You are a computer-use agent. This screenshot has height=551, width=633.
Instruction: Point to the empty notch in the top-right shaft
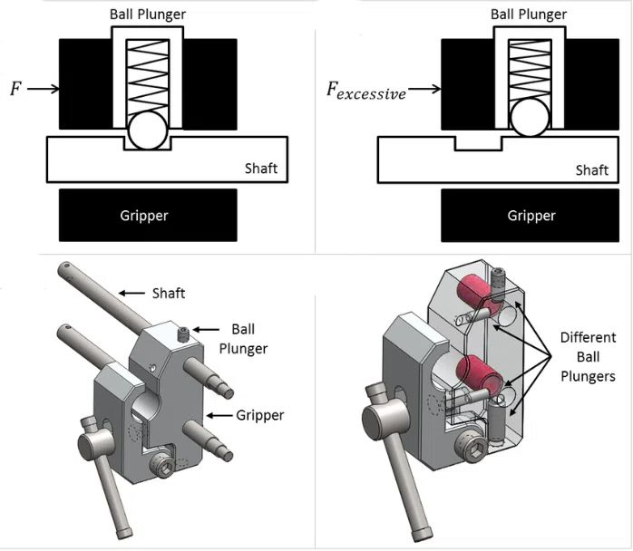pos(479,143)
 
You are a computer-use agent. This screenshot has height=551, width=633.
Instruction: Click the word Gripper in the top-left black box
pos(148,216)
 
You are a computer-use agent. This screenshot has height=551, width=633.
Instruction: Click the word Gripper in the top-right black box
pos(530,216)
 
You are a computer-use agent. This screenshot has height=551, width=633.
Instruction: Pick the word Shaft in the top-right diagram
pos(593,169)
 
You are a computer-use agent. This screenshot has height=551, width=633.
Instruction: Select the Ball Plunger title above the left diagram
pos(148,14)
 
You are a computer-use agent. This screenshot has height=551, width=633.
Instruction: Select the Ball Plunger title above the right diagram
pos(529,14)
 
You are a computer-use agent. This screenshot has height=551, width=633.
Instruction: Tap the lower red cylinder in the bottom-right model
pos(476,372)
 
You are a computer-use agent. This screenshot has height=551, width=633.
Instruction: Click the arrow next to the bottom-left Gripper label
pos(221,415)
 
